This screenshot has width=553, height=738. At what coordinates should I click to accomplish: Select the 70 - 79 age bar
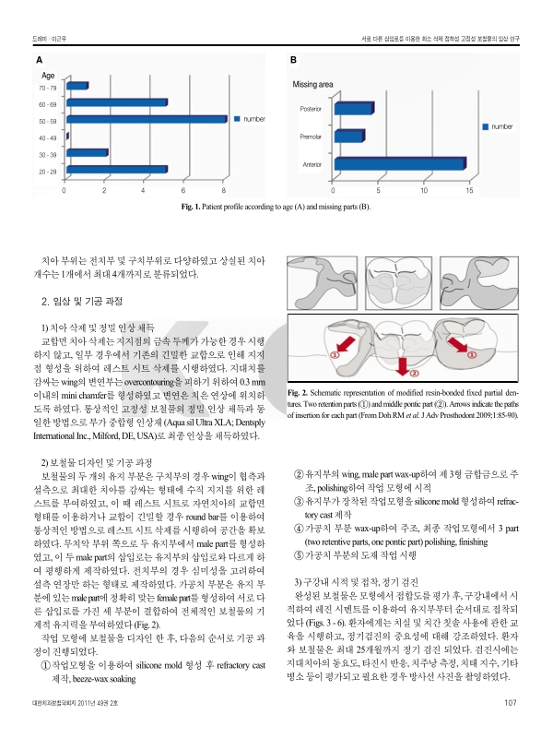click(x=76, y=86)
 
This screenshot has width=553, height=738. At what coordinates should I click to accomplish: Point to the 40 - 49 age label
click(x=47, y=137)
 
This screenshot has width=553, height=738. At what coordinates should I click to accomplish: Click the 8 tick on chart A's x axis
click(x=225, y=191)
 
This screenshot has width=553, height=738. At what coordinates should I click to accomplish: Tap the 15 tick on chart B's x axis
click(x=470, y=191)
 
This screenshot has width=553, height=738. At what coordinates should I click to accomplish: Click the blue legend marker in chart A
click(x=237, y=119)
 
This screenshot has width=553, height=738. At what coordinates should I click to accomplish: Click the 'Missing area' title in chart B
click(x=312, y=84)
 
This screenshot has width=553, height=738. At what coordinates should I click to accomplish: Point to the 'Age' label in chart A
click(x=49, y=74)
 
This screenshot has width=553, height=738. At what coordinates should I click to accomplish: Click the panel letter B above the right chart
click(x=294, y=60)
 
